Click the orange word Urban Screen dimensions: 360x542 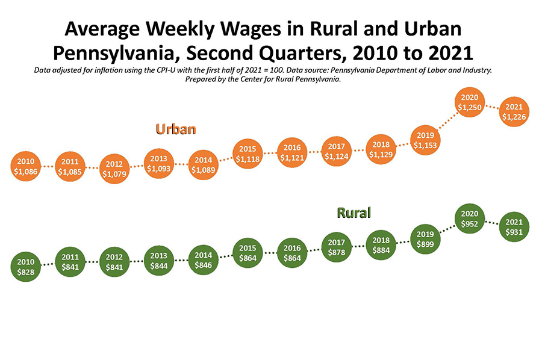[x=177, y=129]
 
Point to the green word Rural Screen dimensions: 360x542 [x=354, y=213]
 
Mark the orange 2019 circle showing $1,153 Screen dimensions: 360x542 [x=425, y=140]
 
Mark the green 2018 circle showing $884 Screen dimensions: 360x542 [x=381, y=244]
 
